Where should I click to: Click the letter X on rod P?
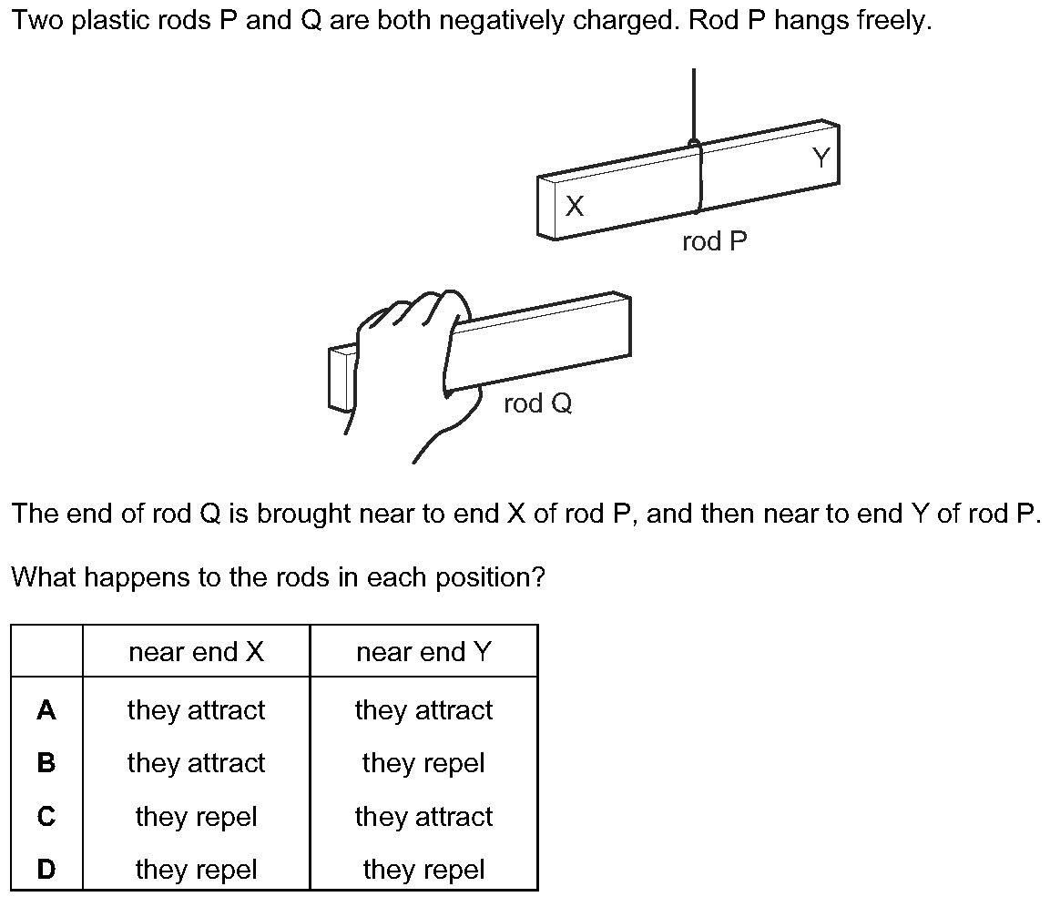(x=574, y=208)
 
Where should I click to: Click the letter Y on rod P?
(x=821, y=158)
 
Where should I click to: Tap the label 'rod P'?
(x=715, y=242)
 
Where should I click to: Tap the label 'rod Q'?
(x=537, y=403)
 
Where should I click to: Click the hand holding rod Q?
(x=410, y=364)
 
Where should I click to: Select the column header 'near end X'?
(x=196, y=652)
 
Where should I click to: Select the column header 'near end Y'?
(x=423, y=652)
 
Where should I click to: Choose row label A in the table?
(x=46, y=710)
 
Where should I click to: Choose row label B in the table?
(x=46, y=763)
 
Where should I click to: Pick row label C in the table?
(x=46, y=817)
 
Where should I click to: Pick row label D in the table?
(x=46, y=870)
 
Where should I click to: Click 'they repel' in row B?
(x=423, y=763)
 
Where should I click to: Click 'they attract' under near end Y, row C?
(x=423, y=817)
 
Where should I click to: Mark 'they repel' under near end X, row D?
(x=196, y=870)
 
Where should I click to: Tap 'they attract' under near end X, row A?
(x=196, y=710)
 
